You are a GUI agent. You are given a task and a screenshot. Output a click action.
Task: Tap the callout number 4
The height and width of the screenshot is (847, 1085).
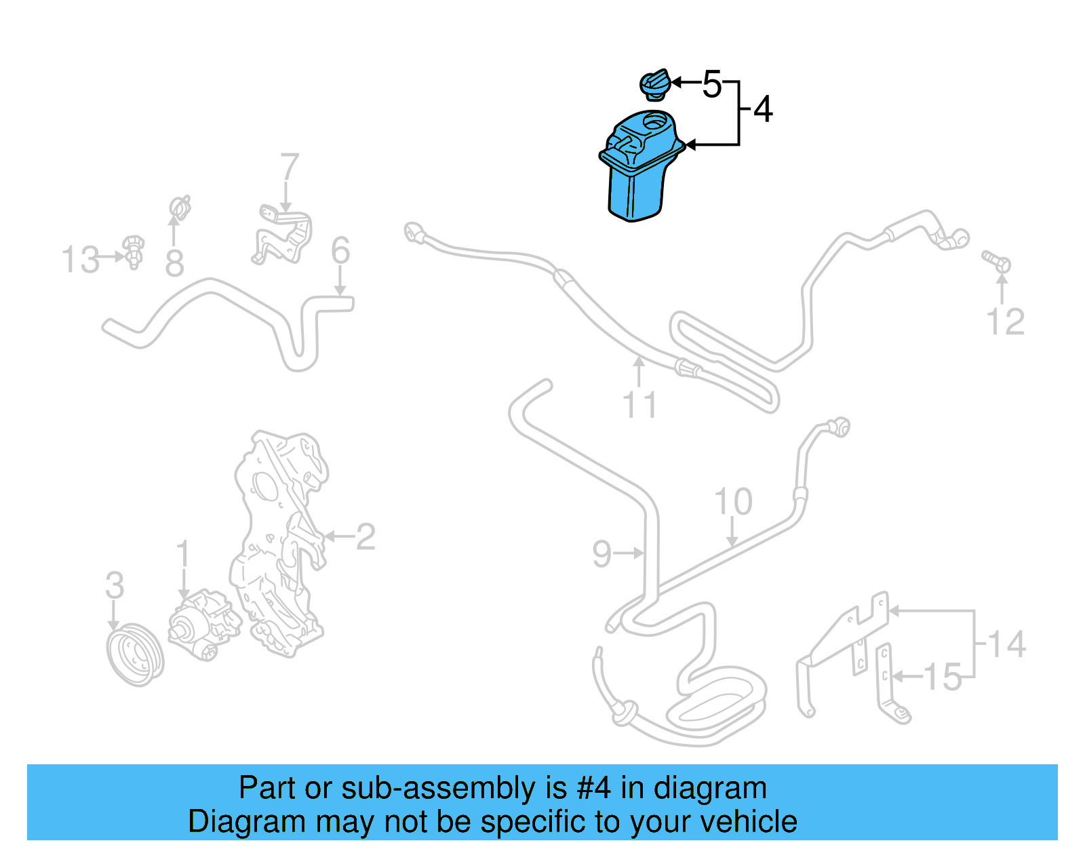point(763,109)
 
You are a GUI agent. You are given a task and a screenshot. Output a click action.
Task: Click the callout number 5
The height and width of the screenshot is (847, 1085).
point(711,85)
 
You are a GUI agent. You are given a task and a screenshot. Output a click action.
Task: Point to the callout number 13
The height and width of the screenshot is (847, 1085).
point(81,260)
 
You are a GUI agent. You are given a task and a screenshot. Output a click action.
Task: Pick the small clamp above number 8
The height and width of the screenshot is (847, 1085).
point(179,207)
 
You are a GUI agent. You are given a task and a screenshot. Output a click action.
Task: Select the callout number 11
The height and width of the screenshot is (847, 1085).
point(639,405)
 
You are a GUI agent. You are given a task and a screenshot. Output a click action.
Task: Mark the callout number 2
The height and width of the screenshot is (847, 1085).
point(365,537)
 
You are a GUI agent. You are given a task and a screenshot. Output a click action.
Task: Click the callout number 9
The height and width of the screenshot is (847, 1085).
point(601,554)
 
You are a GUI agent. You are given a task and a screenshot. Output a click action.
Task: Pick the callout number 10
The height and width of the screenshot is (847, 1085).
point(733,503)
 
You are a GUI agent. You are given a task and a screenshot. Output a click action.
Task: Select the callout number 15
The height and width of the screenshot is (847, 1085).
point(943,677)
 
